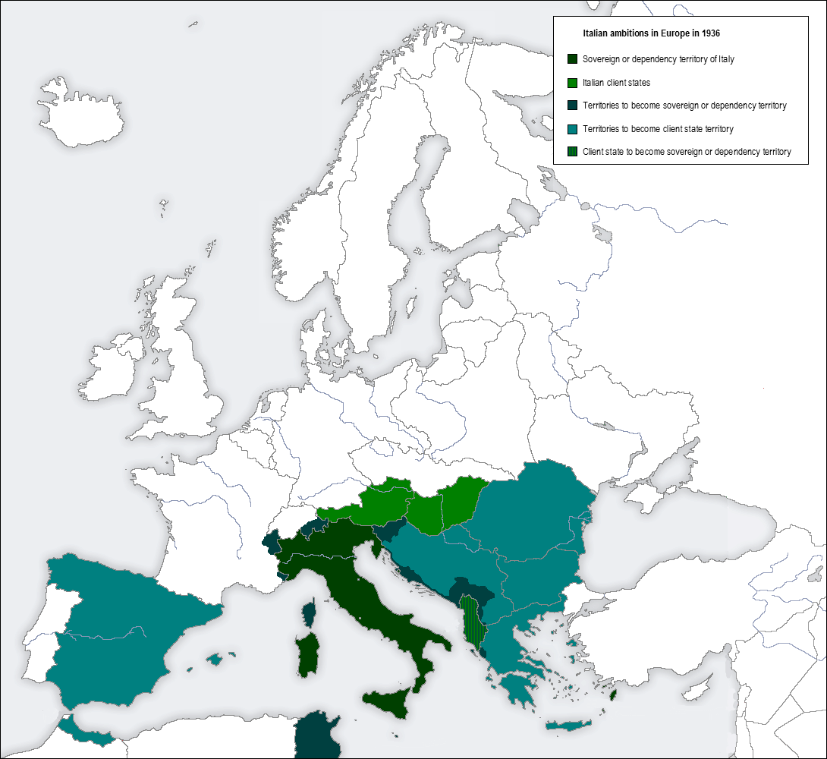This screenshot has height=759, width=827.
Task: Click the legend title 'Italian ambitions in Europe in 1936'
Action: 651,34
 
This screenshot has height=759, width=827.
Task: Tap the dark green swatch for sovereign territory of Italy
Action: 573,58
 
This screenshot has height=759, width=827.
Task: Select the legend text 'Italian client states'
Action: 616,82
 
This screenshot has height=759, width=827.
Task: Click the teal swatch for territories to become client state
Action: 573,129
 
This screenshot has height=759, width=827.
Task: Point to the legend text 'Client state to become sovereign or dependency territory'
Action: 687,152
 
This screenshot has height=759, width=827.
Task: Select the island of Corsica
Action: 310,613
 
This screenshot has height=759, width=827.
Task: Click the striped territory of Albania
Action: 472,619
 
